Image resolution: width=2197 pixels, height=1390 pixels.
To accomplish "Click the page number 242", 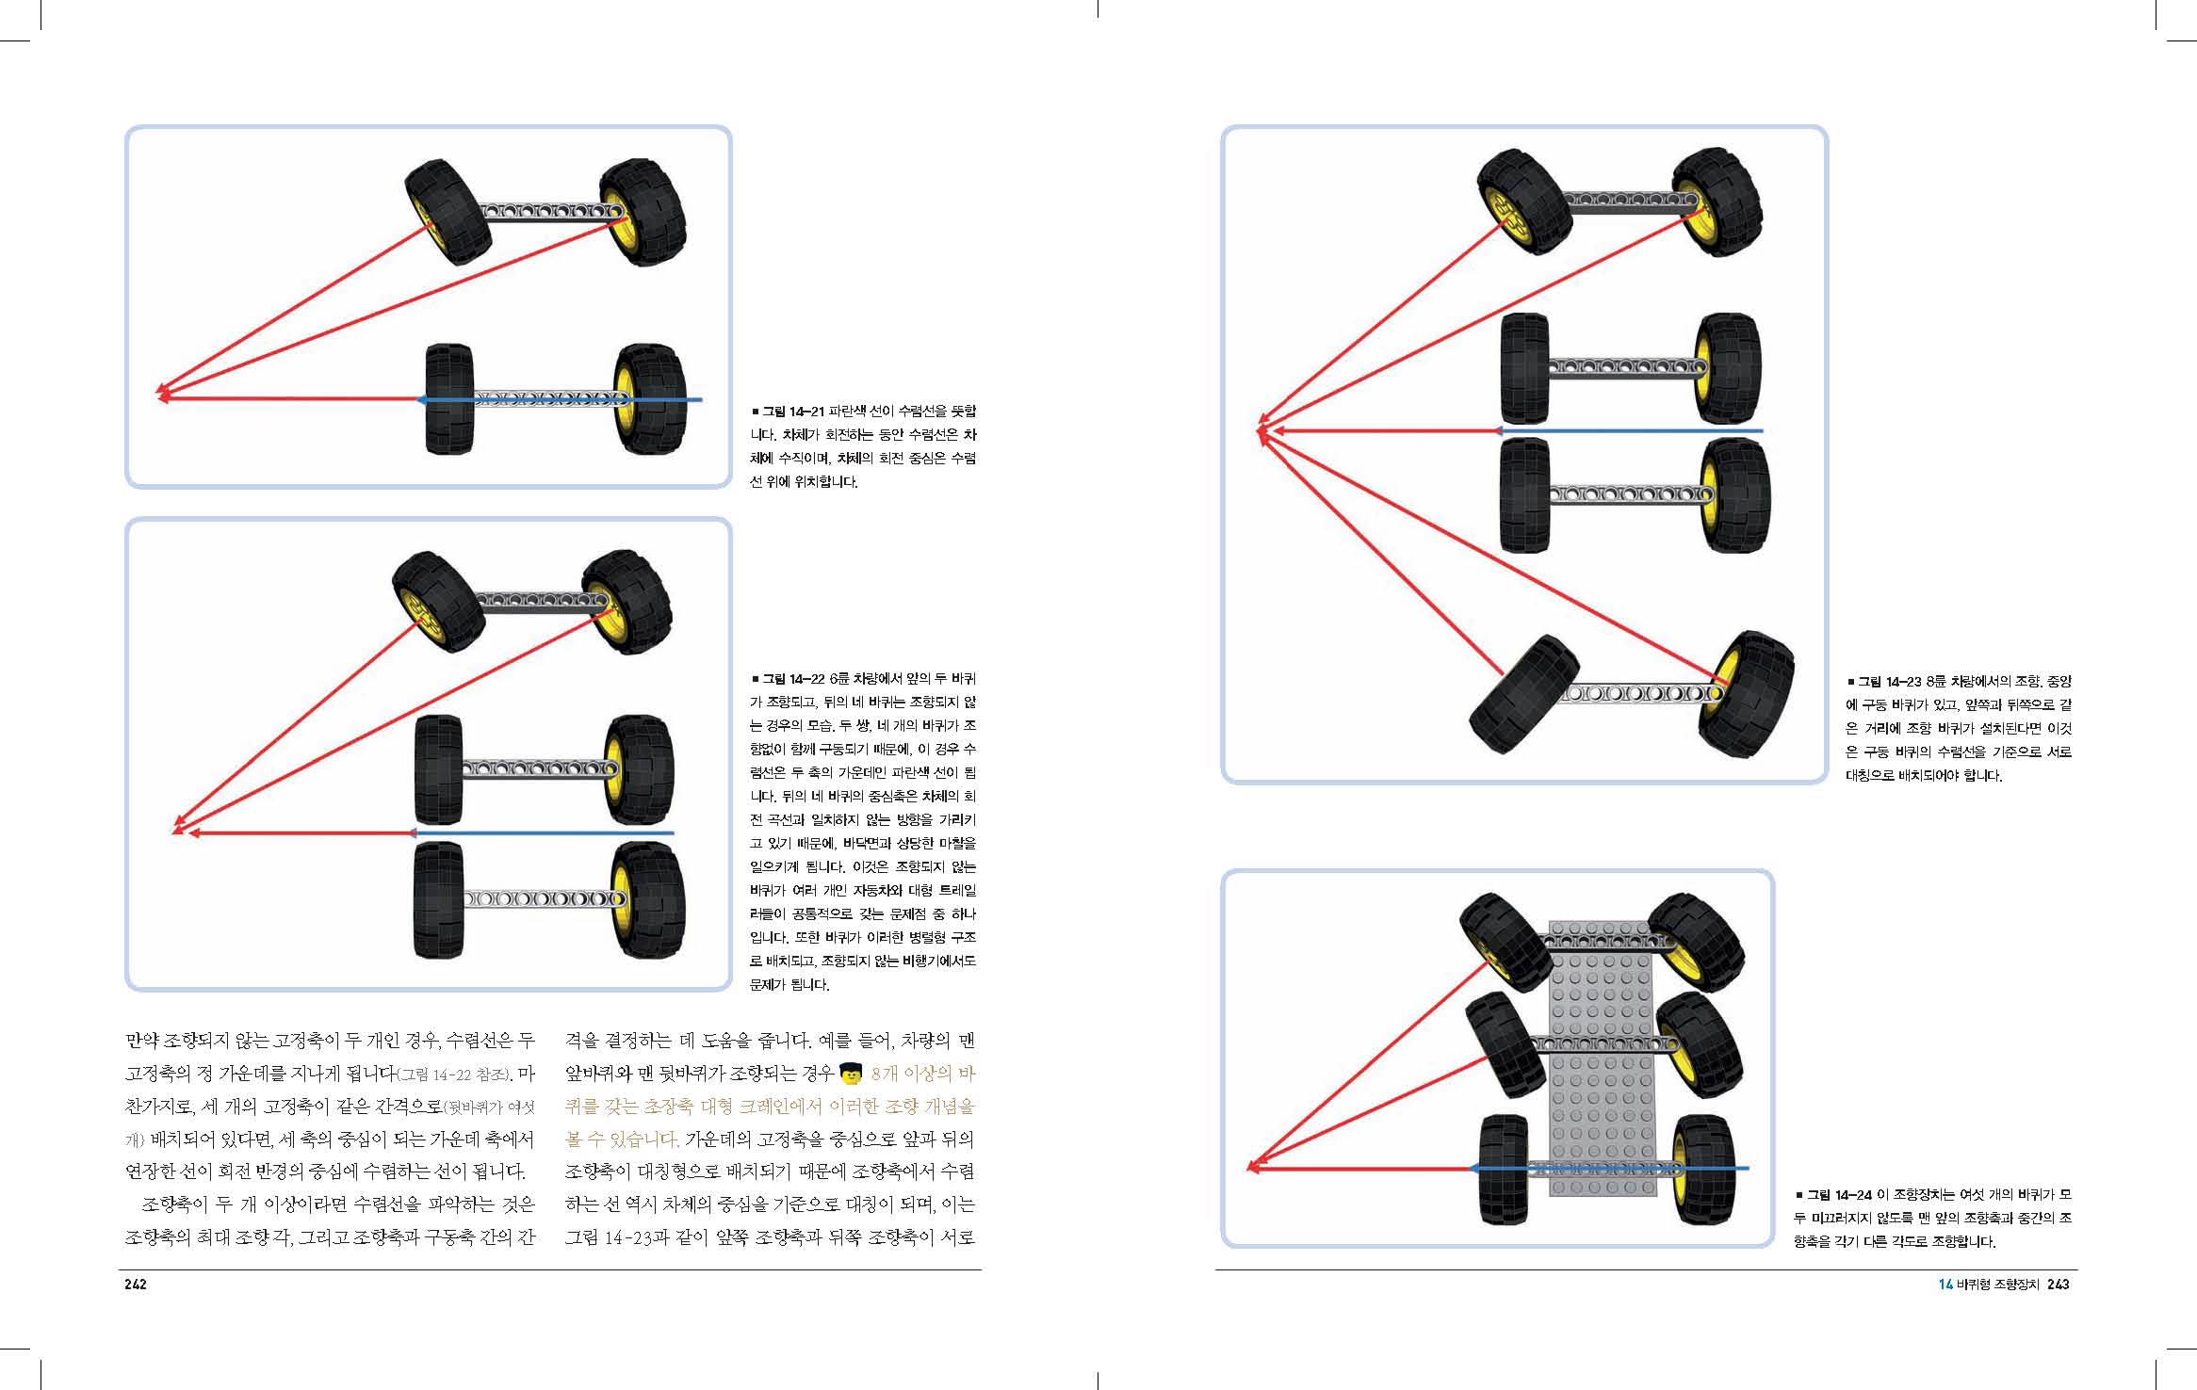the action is [x=136, y=1285].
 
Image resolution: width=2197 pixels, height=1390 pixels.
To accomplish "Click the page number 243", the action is [x=2058, y=1285].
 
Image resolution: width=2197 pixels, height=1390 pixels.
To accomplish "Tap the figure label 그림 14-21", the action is [x=793, y=412].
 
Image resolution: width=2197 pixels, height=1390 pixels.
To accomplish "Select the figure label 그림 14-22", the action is [x=793, y=679].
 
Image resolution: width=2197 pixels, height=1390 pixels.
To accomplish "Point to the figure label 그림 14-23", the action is [x=1889, y=682].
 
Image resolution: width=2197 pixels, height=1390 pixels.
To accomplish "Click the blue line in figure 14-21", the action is [x=560, y=399].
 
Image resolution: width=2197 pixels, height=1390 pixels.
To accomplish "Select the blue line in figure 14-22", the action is [x=541, y=833].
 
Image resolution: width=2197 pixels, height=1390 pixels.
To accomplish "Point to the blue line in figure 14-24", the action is [x=1609, y=1169].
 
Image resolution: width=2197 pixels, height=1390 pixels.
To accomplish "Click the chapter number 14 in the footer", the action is [x=1945, y=1285].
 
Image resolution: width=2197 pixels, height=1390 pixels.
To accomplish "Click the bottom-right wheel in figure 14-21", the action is [x=650, y=398].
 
